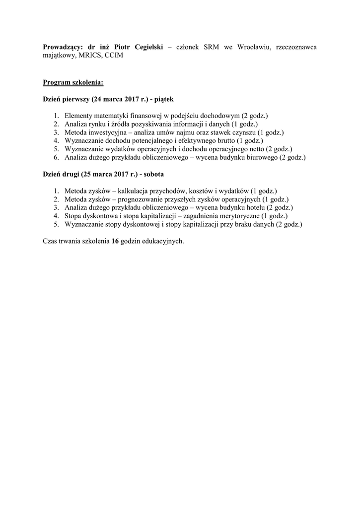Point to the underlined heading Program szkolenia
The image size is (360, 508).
pos(72,82)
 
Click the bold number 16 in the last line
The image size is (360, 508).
pos(116,242)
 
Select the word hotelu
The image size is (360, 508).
pos(255,208)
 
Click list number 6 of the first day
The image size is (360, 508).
pos(57,158)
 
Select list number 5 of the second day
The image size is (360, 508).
pos(57,225)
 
